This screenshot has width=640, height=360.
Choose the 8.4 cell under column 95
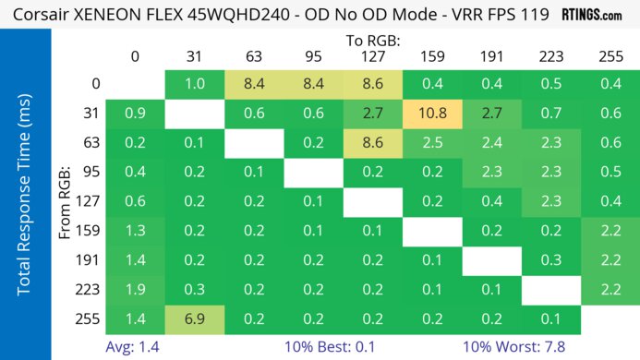(x=313, y=84)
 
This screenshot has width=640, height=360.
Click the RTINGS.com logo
(x=599, y=15)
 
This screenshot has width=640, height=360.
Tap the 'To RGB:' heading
(x=372, y=41)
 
